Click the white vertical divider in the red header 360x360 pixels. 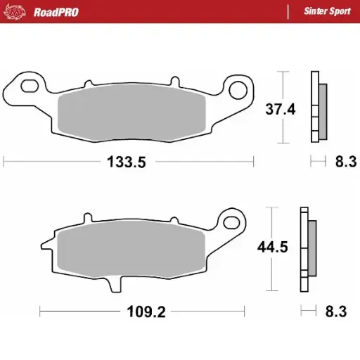288,11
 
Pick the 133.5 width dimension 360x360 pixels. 126,162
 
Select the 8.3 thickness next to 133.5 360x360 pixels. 345,162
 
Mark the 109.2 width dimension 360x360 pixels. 146,311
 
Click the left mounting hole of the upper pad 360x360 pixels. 29,86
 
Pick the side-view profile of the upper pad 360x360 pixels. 319,107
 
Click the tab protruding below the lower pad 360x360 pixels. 115,285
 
